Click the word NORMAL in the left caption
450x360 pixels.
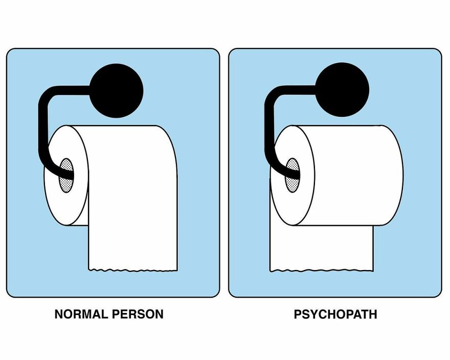tap(81, 314)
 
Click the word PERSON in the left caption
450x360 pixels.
tap(138, 314)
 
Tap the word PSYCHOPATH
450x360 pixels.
tap(335, 314)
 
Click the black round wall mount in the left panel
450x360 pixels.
tap(116, 91)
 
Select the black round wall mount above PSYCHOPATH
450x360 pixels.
tap(342, 89)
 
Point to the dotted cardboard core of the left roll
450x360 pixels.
tap(66, 175)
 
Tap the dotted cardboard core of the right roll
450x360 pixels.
tap(292, 175)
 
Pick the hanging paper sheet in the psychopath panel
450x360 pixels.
tap(322, 249)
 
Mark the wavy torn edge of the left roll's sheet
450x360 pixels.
tap(132, 270)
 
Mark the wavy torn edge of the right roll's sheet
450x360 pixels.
tap(322, 271)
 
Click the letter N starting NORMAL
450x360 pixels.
tap(59, 314)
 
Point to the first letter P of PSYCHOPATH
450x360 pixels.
tap(298, 314)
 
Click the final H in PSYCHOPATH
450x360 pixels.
tap(373, 314)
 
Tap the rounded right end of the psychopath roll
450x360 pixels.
tap(394, 175)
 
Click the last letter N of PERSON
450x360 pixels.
tap(159, 314)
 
